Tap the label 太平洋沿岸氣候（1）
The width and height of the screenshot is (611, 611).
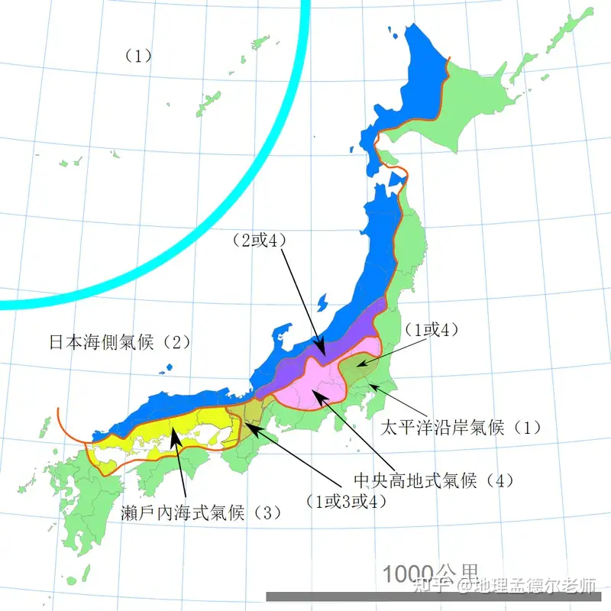(461, 427)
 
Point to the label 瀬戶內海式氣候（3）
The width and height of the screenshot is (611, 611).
(201, 512)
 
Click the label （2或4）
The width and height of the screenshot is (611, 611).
(257, 240)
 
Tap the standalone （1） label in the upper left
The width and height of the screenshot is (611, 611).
(138, 55)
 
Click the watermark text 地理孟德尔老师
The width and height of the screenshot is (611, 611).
(535, 587)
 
